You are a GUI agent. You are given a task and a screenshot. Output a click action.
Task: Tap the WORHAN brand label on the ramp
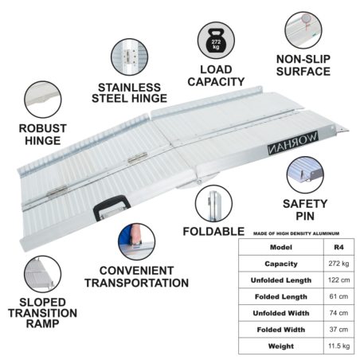coord(292,143)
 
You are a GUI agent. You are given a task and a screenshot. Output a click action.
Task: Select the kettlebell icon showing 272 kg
coord(216,41)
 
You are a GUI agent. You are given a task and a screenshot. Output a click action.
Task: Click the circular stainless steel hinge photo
coord(129,57)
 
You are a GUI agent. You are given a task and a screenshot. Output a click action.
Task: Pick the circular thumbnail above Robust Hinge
coord(43,100)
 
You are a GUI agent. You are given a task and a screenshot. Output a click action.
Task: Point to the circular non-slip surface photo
coord(303,30)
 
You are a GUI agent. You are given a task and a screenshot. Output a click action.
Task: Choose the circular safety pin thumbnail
coord(305,174)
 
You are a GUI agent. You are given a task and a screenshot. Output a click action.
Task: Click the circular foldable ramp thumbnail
coord(213,204)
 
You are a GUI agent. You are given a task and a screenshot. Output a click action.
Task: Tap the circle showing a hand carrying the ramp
coord(136,241)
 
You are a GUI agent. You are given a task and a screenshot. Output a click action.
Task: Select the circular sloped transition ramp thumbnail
coord(42,274)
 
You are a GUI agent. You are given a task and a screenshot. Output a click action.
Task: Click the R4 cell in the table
coord(338,247)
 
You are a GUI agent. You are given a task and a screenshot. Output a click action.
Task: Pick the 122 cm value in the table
coord(338,280)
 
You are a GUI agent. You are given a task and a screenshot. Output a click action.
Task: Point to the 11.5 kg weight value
coord(338,346)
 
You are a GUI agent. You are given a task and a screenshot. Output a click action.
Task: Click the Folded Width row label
coord(281,330)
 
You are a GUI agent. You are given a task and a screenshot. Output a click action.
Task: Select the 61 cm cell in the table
coord(338,296)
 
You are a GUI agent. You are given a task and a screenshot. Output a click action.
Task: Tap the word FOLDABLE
coord(213,232)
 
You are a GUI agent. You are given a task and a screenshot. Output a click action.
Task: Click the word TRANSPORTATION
coord(137,283)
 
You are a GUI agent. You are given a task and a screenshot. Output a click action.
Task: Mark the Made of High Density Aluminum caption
coord(296,233)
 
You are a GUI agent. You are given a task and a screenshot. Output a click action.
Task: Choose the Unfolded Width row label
coord(281,313)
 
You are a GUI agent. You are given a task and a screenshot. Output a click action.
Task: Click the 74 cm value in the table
coord(338,313)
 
